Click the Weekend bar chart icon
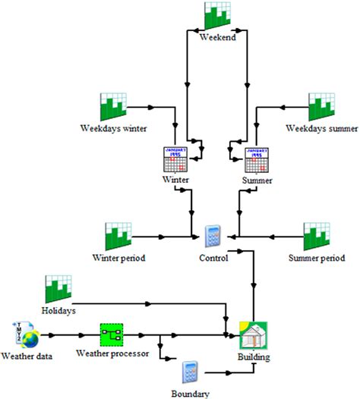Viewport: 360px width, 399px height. pos(219,16)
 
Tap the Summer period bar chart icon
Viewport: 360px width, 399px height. pos(317,237)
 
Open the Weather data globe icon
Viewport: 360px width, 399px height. pos(25,334)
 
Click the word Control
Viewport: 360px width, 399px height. pos(215,258)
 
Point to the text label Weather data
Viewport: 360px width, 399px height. pos(27,355)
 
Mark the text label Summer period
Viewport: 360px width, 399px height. pos(317,258)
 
